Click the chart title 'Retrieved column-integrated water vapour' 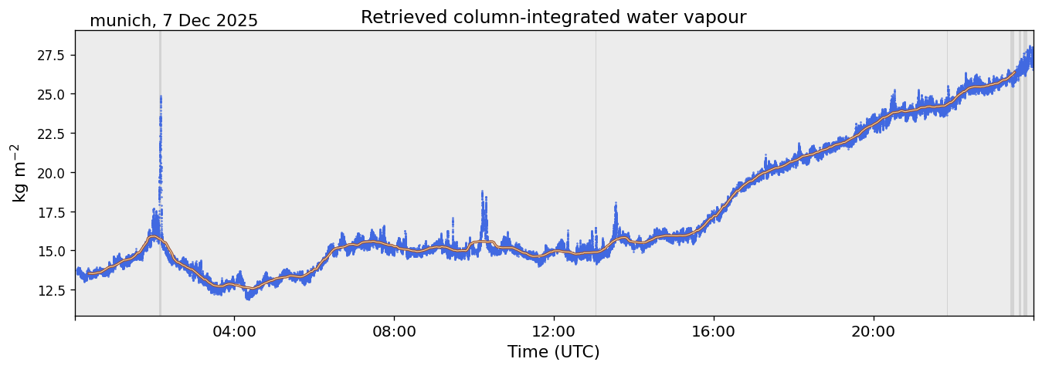553,17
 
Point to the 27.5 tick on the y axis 50,56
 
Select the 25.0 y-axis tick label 50,94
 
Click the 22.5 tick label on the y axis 50,134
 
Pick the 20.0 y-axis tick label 50,173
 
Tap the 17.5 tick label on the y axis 50,212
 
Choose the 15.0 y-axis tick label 50,251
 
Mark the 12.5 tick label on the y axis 50,290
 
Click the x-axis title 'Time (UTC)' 553,352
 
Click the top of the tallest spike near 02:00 161,96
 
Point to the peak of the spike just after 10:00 482,191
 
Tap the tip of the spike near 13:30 616,203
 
